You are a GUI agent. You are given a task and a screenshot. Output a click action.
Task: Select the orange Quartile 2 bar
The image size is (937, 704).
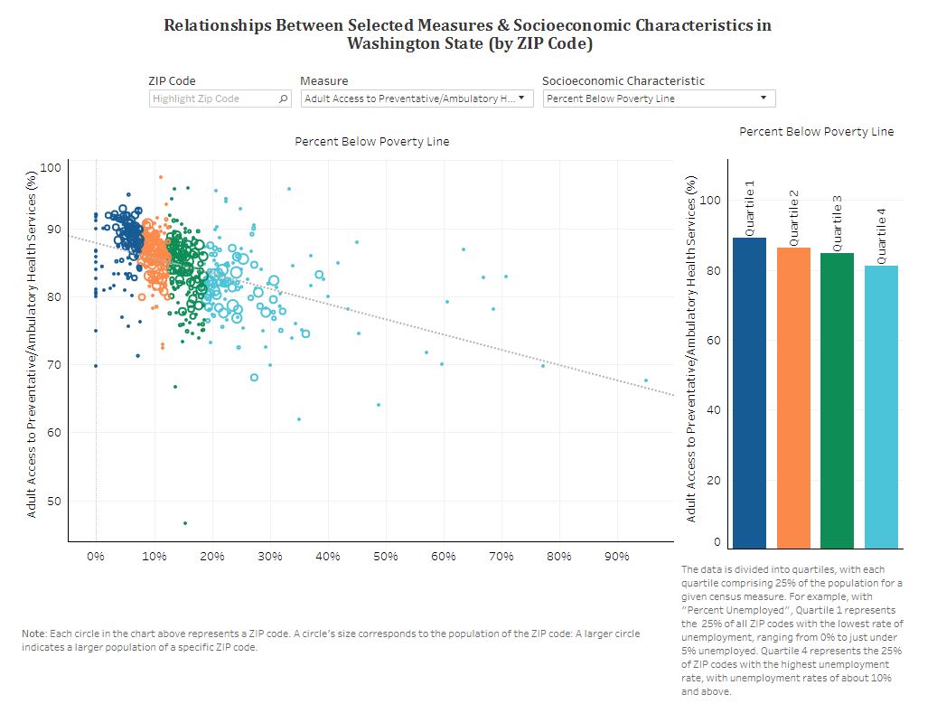click(793, 398)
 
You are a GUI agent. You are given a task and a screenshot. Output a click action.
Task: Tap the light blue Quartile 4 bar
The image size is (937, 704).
click(881, 407)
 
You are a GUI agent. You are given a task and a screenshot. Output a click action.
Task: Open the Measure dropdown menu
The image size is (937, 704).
click(417, 99)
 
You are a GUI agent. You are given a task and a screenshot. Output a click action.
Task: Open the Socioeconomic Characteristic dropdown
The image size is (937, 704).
click(659, 99)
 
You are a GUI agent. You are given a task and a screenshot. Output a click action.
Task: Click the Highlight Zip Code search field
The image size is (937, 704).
click(213, 99)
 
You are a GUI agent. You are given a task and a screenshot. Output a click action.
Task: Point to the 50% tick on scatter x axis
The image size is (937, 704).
click(385, 557)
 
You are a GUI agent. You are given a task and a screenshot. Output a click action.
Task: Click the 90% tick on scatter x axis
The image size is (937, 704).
click(616, 557)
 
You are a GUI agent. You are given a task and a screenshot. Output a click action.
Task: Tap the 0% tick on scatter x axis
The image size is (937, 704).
click(96, 557)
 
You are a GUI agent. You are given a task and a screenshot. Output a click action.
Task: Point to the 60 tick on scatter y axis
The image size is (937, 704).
click(52, 433)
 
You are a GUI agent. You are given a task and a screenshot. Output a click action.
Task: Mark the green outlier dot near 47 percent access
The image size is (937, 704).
click(185, 523)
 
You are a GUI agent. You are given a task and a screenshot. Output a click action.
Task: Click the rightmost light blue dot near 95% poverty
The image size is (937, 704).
click(646, 380)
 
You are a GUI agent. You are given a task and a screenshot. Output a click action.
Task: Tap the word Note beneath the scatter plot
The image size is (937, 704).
click(33, 634)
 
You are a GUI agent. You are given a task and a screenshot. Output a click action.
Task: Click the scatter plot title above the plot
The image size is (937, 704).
click(371, 142)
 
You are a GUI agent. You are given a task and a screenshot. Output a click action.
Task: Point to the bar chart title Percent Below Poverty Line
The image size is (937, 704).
click(816, 132)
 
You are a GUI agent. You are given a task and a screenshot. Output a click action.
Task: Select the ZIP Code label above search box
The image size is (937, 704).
click(172, 80)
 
